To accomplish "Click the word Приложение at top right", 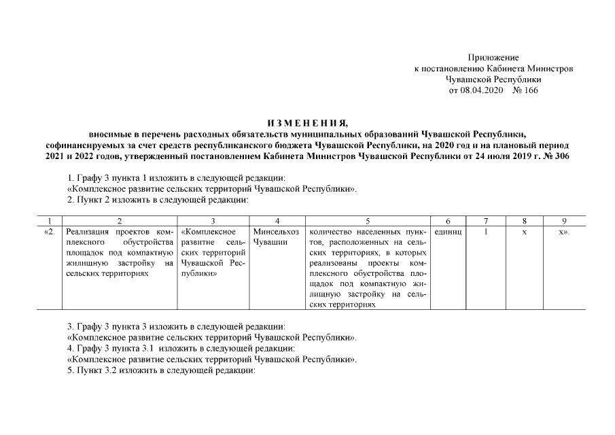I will pos(493,58).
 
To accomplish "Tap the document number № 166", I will pos(525,90).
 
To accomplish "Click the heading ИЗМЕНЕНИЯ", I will pos(307,123).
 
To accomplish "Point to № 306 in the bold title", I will pos(559,156).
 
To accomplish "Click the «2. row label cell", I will pos(49,232).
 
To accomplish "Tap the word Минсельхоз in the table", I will pos(275,232).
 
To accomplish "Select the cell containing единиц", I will pos(447,232).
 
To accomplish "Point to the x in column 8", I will pos(524,232).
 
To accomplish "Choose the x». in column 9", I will pos(563,232).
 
